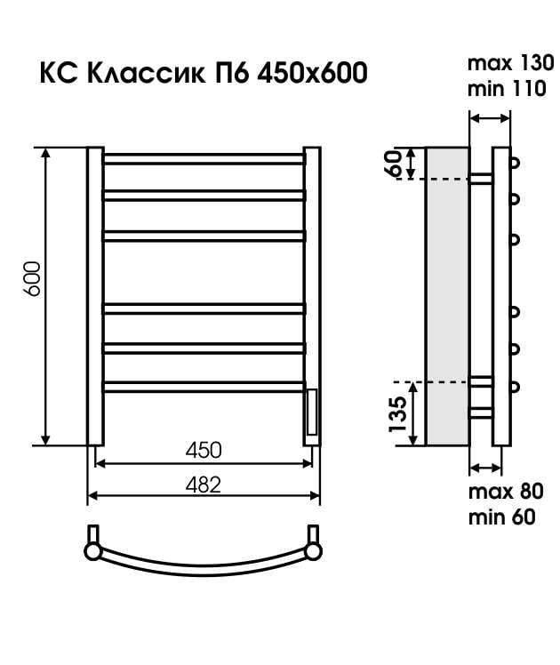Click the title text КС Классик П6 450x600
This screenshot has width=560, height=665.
point(203,73)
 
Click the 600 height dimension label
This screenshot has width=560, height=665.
point(31,280)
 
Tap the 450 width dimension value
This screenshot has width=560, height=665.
point(204,450)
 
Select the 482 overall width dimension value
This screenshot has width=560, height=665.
point(204,484)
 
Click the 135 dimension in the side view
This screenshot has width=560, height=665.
point(397,413)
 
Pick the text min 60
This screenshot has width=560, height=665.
point(502,517)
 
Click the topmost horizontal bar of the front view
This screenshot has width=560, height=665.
point(204,159)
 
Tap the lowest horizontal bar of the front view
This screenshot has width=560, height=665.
point(204,385)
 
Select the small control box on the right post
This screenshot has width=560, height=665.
point(312,411)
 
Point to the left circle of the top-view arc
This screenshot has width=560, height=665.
point(92,551)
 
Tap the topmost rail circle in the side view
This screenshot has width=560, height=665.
point(514,163)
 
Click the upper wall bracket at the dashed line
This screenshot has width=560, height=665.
point(480,178)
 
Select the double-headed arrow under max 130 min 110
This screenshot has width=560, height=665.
point(490,118)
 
